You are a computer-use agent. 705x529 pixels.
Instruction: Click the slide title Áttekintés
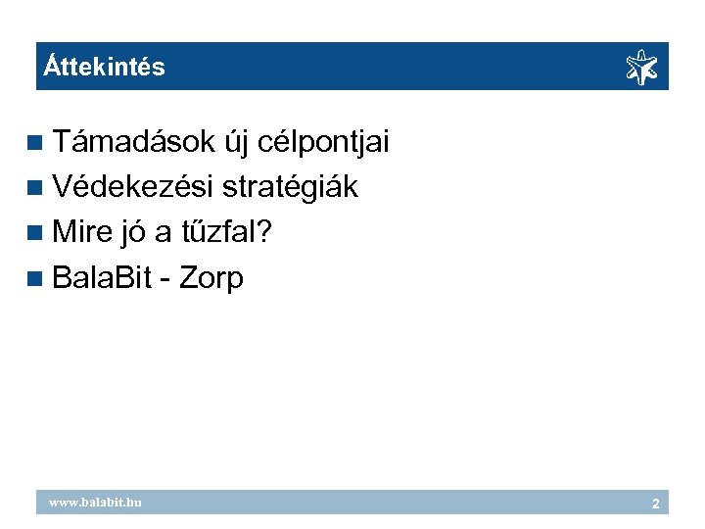coord(105,68)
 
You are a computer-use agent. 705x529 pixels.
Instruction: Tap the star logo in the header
coord(641,68)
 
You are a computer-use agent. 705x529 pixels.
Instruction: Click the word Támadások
coord(133,143)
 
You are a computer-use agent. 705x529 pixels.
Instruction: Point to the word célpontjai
coord(324,143)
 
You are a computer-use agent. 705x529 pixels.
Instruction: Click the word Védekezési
coord(133,187)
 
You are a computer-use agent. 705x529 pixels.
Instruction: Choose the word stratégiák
coord(291,187)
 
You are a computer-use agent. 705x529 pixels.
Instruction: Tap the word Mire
coord(82,232)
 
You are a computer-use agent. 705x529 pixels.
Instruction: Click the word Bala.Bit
coord(102,278)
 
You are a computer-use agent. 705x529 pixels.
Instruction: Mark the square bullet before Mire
coord(36,233)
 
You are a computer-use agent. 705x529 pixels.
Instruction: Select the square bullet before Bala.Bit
coord(36,279)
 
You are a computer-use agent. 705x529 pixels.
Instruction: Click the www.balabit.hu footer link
coord(96,503)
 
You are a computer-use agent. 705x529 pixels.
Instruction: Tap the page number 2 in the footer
coord(656,504)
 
